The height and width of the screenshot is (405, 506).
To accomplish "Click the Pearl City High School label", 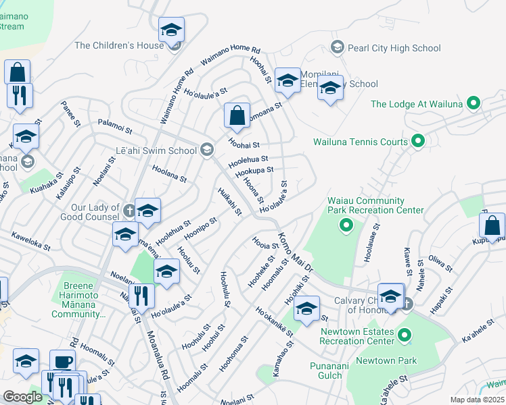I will click(393, 48).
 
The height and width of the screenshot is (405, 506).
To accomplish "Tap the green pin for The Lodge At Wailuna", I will click(474, 104).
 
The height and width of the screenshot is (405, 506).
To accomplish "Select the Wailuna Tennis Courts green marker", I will click(418, 142).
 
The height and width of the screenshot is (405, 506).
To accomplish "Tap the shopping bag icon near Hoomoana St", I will click(237, 115).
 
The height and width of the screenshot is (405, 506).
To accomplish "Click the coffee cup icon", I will click(64, 362).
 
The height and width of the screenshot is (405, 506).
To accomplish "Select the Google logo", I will click(22, 397).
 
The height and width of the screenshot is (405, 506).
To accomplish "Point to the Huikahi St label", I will click(230, 202).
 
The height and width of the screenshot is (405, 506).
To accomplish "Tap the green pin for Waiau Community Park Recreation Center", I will click(346, 225).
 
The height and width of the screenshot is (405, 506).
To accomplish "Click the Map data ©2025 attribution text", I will click(478, 400).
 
